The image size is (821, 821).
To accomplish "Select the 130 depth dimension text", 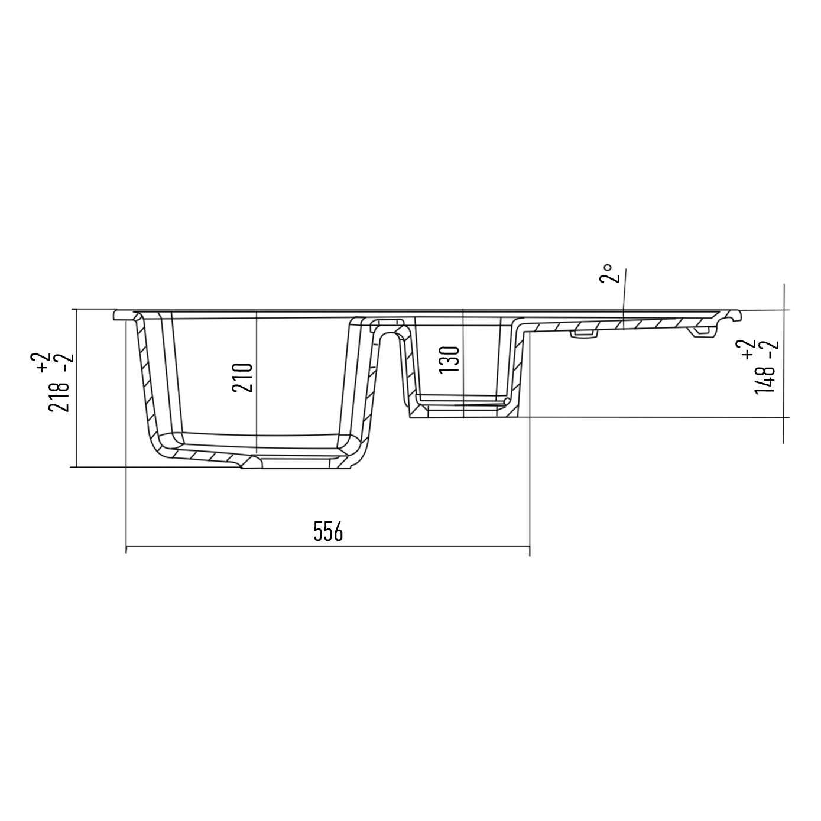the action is (449, 359).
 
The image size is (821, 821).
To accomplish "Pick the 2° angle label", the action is (605, 273).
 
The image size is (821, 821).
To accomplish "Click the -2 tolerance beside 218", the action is (68, 362).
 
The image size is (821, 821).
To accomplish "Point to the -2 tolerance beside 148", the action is (773, 351).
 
